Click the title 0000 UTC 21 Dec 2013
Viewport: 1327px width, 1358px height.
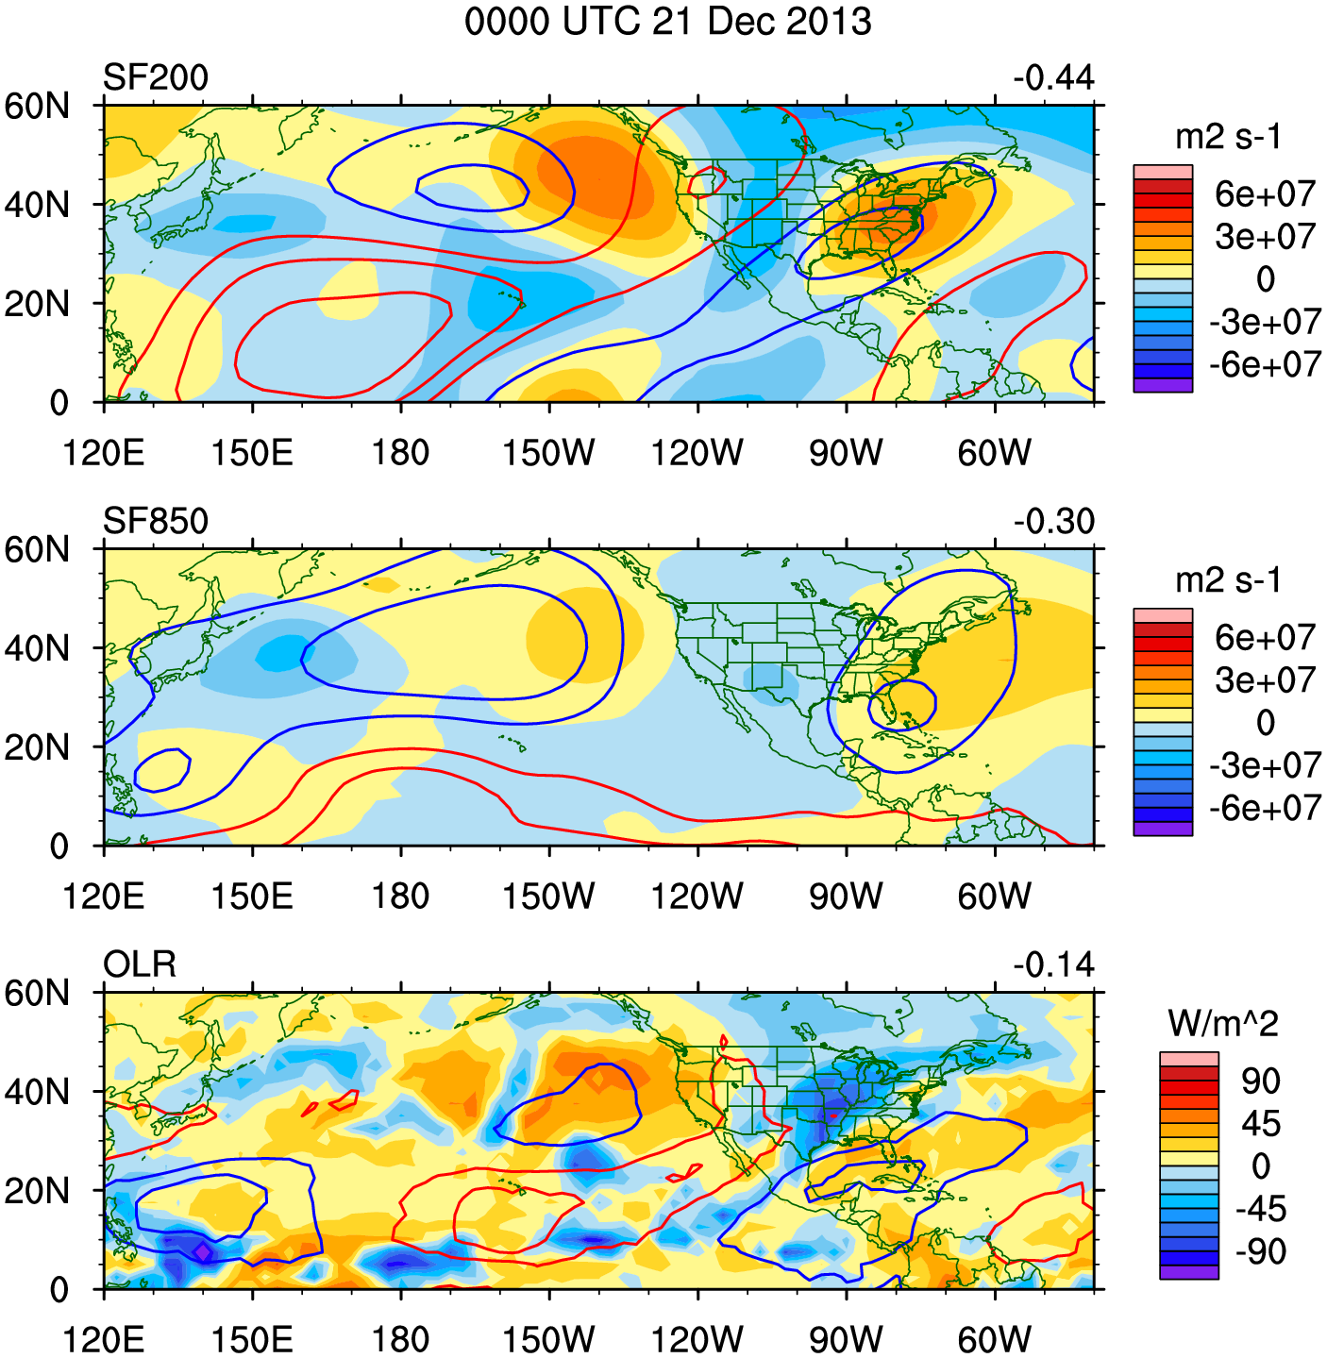pos(667,21)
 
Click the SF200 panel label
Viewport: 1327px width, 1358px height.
pos(155,77)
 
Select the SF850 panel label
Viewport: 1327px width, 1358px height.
pos(155,521)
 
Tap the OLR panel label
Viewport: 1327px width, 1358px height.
pos(140,964)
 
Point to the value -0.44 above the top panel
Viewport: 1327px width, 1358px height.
pos(1053,77)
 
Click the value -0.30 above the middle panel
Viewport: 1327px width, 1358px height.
pos(1053,521)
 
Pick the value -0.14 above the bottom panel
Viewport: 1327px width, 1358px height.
pos(1053,964)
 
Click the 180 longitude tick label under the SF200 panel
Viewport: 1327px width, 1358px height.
pos(400,453)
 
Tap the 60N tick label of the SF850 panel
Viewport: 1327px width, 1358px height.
pos(38,549)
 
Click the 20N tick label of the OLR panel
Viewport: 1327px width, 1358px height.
pos(38,1191)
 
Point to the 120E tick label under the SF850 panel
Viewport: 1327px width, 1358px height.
pos(103,897)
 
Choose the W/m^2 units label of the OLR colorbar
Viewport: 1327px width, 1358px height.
pos(1222,1023)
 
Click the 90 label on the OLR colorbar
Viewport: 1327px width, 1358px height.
pos(1260,1081)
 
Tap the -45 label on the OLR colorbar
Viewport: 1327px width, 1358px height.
pos(1260,1210)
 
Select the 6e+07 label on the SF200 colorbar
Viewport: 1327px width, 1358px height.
pos(1265,194)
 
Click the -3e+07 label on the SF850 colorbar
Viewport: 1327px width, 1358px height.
pos(1265,765)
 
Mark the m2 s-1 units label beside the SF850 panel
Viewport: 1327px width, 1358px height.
pos(1228,580)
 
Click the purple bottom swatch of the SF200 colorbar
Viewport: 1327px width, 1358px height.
pos(1163,385)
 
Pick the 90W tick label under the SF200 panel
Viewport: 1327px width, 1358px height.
pos(846,453)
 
